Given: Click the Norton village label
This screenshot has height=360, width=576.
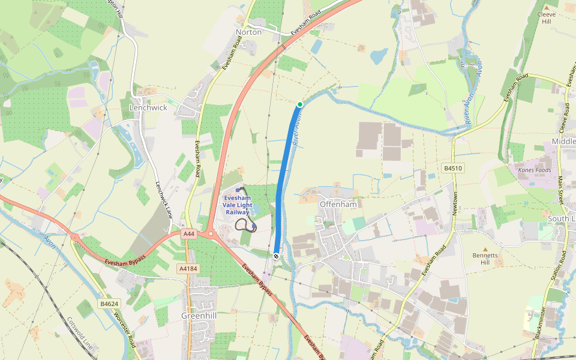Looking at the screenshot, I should [248, 32].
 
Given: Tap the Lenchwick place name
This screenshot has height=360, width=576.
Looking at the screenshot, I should [148, 107].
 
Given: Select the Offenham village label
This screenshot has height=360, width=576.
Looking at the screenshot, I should [338, 204].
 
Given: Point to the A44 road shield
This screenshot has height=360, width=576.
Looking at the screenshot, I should [189, 233].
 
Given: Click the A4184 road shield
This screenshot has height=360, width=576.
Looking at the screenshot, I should [188, 269].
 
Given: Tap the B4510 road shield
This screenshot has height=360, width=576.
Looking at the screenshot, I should [453, 168].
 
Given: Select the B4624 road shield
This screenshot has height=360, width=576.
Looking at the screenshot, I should [109, 304].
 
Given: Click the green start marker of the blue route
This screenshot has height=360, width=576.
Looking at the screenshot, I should [300, 104].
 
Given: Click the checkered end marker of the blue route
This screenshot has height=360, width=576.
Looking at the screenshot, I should [276, 256].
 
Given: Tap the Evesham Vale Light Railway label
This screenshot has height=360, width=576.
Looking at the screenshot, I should [236, 205].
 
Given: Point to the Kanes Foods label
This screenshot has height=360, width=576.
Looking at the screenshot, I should [534, 170].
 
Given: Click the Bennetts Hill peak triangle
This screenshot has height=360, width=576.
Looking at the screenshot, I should [485, 249].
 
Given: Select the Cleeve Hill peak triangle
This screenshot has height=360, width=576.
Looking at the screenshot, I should [546, 8].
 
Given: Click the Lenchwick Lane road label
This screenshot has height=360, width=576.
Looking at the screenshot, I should [163, 199].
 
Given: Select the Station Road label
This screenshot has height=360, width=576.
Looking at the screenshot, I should [562, 266].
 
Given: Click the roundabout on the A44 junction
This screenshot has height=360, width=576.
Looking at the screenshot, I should [211, 234].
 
